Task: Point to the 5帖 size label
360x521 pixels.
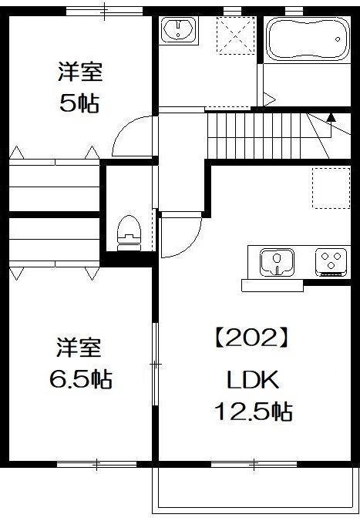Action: [79, 104]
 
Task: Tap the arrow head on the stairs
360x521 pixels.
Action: [331, 117]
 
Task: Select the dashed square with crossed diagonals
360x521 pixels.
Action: [235, 35]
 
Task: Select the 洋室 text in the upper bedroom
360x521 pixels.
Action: [79, 73]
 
